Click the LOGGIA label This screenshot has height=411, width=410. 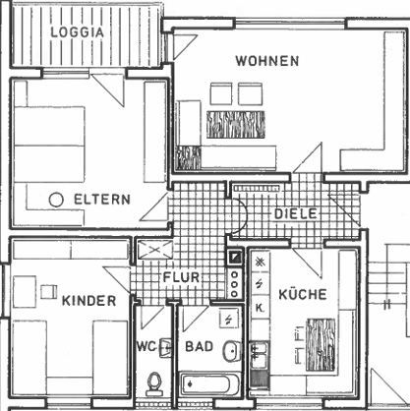pyautogui.click(x=78, y=32)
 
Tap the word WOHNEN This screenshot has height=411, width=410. pyautogui.click(x=267, y=61)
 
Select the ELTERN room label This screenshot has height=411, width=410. pyautogui.click(x=102, y=200)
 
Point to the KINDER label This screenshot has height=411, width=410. pyautogui.click(x=88, y=301)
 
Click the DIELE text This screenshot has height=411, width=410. pyautogui.click(x=296, y=214)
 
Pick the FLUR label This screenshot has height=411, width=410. pyautogui.click(x=181, y=277)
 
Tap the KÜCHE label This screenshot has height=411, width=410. pyautogui.click(x=303, y=294)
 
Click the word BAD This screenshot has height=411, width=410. pyautogui.click(x=200, y=346)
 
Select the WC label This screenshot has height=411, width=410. pyautogui.click(x=146, y=346)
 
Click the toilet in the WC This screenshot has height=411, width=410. pyautogui.click(x=154, y=383)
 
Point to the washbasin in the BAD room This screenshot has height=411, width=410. pyautogui.click(x=232, y=351)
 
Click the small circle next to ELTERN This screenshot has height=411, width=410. pyautogui.click(x=56, y=200)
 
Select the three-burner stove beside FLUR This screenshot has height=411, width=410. pyautogui.click(x=234, y=283)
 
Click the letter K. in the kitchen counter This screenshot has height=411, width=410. pyautogui.click(x=260, y=308)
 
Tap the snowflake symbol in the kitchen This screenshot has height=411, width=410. pyautogui.click(x=260, y=263)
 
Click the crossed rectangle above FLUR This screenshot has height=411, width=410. pyautogui.click(x=155, y=250)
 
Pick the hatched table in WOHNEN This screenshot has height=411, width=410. pyautogui.click(x=236, y=124)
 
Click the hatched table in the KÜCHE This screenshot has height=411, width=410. pyautogui.click(x=321, y=345)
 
